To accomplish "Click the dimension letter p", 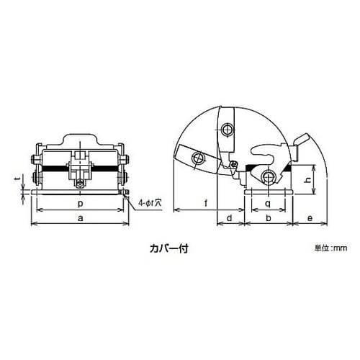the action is (x=81, y=204).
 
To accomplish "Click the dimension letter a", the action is (x=81, y=218).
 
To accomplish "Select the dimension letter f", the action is (x=206, y=203).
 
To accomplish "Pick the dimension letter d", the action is (x=230, y=218).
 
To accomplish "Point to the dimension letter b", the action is (x=269, y=218).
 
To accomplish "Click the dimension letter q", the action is (x=268, y=204).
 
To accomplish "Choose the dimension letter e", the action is (x=310, y=218).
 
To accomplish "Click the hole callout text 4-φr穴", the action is (x=150, y=203).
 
